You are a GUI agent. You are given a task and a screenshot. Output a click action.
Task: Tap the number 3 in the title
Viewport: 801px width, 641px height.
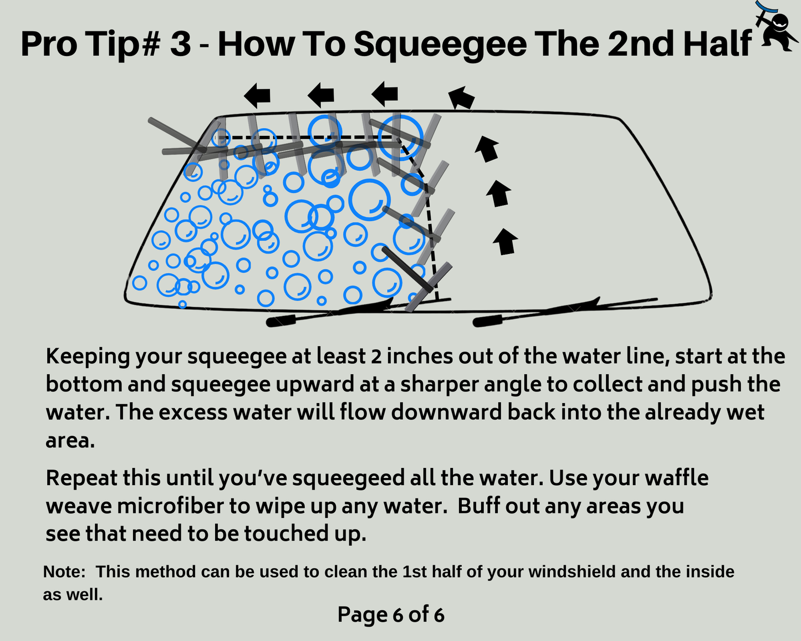coord(181,44)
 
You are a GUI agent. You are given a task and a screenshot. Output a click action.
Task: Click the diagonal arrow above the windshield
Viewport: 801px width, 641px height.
coord(461,97)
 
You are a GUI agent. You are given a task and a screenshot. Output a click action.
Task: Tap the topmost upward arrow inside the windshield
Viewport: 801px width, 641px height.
coord(487,149)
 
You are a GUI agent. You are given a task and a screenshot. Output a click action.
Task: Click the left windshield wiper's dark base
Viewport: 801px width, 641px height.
coord(281,321)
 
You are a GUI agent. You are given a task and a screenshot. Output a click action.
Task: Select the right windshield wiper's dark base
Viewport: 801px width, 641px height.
coord(487,320)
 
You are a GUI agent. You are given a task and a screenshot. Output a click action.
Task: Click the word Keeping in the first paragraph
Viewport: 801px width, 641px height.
coord(88,357)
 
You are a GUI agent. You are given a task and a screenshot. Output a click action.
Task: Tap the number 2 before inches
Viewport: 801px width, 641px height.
coord(376,357)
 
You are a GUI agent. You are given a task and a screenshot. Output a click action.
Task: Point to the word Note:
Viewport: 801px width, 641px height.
coord(64,572)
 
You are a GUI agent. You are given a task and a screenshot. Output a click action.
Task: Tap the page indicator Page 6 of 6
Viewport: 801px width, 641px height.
coord(391,614)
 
